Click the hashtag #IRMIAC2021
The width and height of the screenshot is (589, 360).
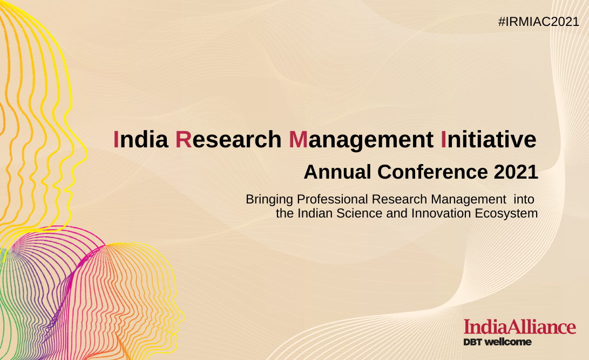click(539, 22)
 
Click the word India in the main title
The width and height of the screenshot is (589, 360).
click(141, 139)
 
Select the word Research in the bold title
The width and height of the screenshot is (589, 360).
click(228, 139)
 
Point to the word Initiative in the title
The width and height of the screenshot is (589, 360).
click(489, 139)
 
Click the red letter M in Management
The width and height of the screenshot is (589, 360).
click(298, 139)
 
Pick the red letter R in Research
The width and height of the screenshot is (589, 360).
click(184, 139)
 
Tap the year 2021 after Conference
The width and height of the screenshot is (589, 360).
click(516, 172)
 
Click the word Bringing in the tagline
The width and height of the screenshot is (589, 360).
click(269, 199)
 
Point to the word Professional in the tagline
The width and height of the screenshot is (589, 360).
click(333, 199)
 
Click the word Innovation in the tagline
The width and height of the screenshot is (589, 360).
click(441, 213)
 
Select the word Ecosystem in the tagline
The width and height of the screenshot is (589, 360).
click(506, 214)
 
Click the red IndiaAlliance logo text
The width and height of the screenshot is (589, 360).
click(520, 327)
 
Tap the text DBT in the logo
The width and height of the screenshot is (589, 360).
click(472, 342)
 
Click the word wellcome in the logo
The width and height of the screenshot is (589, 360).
click(508, 342)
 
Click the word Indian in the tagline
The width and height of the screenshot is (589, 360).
click(315, 213)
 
